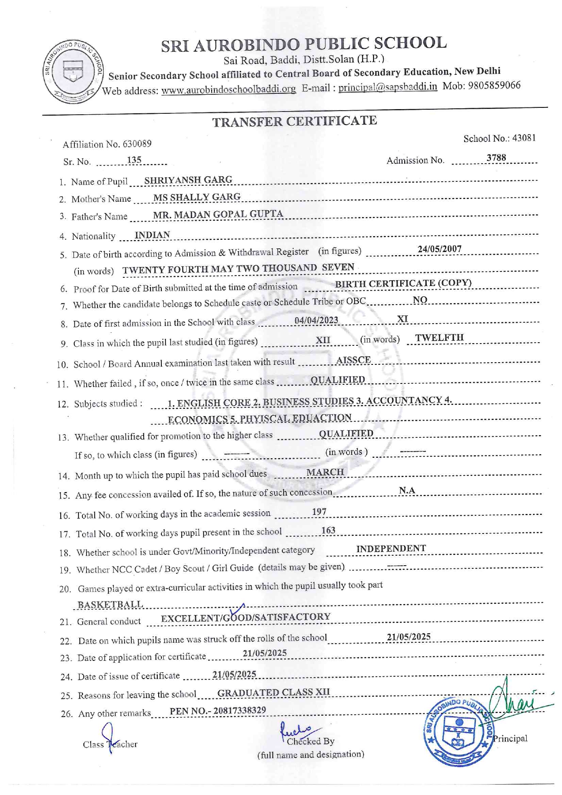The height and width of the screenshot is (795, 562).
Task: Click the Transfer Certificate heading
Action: pos(295,121)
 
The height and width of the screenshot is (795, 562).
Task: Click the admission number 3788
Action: pos(496,158)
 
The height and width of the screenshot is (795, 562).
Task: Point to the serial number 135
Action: pos(134,160)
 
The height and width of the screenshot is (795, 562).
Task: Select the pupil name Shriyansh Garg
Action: pos(188,180)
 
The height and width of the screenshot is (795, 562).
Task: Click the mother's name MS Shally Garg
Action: pos(197,197)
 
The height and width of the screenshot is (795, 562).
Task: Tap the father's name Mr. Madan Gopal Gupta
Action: pos(218,214)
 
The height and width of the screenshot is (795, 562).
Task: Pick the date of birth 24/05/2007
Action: pos(439,249)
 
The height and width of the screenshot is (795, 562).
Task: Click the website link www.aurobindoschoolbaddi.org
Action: pos(228,89)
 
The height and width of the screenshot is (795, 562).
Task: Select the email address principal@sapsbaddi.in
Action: pos(388,87)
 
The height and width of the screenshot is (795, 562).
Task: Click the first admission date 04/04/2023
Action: pos(316,320)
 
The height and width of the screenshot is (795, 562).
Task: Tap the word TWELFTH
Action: pos(439,338)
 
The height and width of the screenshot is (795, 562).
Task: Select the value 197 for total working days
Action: pos(319,512)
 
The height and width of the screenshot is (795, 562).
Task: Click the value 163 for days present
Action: pos(328,530)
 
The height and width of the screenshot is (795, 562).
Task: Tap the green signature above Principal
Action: pos(517,700)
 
